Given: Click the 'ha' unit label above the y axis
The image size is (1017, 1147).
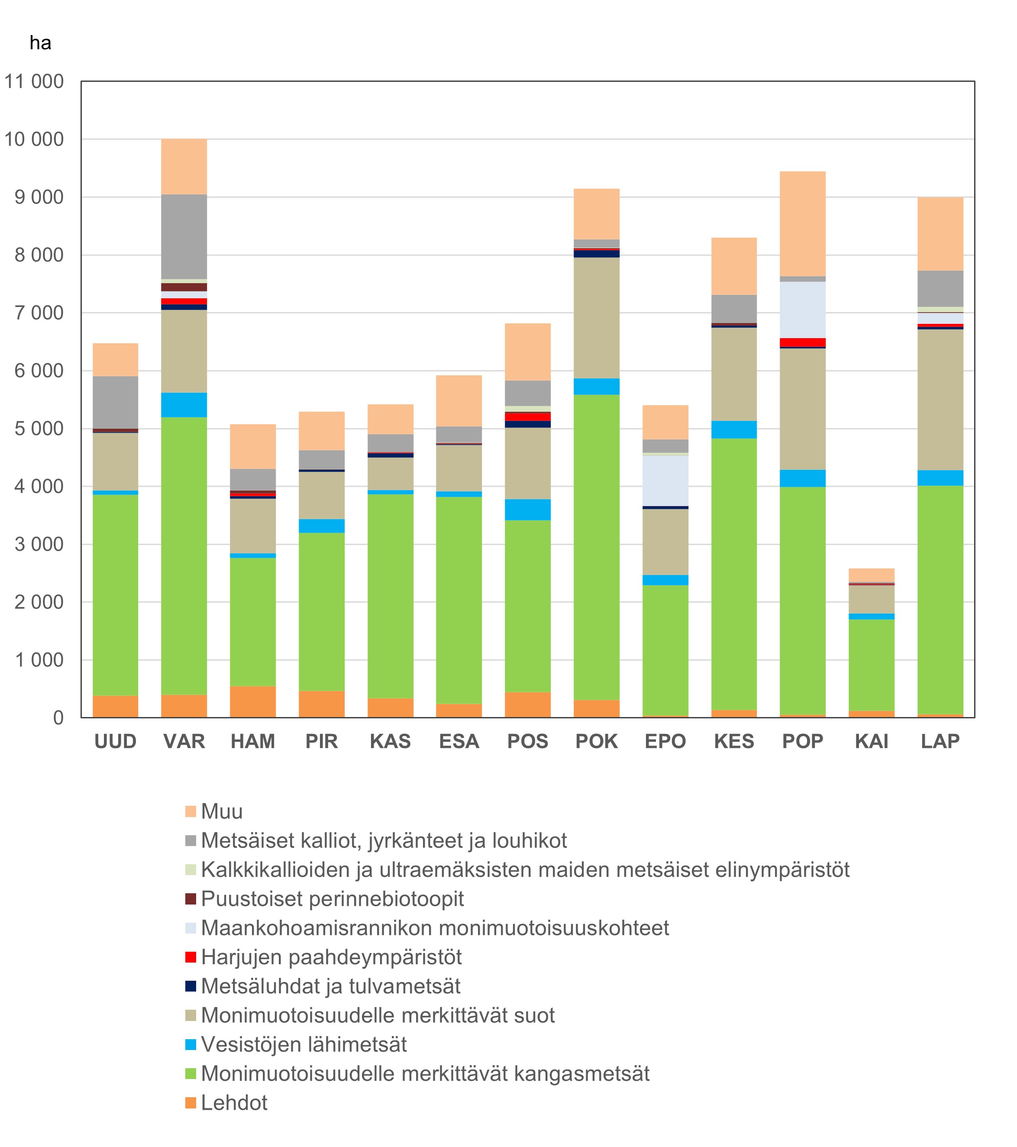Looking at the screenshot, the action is click(x=40, y=43).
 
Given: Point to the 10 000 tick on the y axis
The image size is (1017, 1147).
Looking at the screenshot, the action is click(x=34, y=139).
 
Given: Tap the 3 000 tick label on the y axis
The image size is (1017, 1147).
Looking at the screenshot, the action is click(x=39, y=544).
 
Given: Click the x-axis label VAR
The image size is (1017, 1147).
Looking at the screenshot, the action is click(x=184, y=741).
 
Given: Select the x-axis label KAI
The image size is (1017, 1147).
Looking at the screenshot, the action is click(x=872, y=741).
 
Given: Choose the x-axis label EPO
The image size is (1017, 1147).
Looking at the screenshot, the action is click(x=665, y=741).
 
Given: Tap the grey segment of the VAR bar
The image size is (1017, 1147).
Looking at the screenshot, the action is click(x=184, y=237).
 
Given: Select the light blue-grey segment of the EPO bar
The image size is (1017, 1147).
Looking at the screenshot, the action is click(x=665, y=481).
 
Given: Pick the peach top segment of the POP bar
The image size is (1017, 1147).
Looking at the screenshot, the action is click(x=803, y=224).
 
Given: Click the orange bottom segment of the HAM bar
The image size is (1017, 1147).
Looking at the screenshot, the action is click(x=253, y=701).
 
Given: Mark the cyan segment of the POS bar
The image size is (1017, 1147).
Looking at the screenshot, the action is click(x=528, y=510).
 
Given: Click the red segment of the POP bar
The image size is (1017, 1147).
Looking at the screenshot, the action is click(x=803, y=342).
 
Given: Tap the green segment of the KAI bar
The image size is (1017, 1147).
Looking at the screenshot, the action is click(x=872, y=666).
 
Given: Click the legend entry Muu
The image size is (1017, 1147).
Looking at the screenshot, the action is click(x=214, y=811).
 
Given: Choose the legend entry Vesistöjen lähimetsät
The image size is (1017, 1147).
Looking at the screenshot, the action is click(x=296, y=1045).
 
